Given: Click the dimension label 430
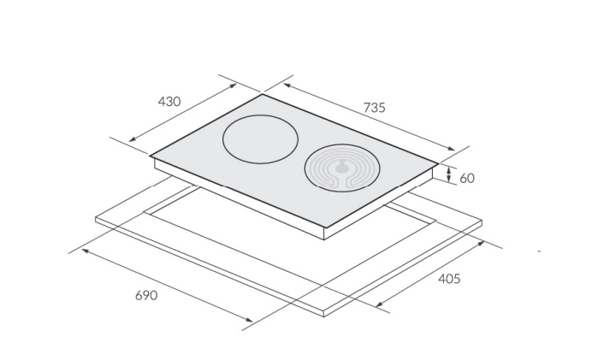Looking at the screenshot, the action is [169, 102].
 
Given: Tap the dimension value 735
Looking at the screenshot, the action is [374, 108].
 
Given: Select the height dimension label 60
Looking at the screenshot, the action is [467, 178].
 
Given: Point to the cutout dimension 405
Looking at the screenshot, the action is [449, 279].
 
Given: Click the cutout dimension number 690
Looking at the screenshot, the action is [146, 295].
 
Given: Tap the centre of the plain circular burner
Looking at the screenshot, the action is [260, 139].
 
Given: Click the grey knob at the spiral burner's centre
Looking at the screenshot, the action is [341, 167].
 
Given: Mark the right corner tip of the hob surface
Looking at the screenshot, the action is [438, 163].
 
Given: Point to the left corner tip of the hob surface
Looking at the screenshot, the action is [150, 156].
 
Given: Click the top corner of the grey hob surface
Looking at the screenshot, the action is [263, 94].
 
